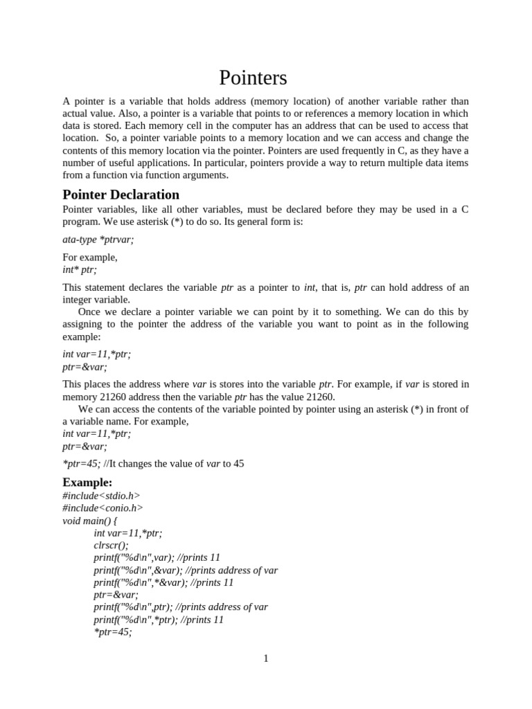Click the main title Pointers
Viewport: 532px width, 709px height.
coord(254,77)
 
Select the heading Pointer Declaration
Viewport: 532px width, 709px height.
coord(121,195)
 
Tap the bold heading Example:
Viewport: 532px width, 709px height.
coord(87,482)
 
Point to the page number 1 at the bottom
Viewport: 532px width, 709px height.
coord(266,658)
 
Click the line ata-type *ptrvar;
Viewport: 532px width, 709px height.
coord(98,239)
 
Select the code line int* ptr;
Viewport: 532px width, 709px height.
coord(80,269)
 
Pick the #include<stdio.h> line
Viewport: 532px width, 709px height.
coord(101,495)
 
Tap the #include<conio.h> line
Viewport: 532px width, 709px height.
coord(103,508)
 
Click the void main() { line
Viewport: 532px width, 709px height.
coord(90,520)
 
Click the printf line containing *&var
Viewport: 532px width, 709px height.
coord(163,582)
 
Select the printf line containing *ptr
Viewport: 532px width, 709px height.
coord(159,620)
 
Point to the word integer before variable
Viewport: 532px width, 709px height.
coord(79,299)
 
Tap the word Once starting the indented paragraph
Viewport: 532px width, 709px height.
coord(91,312)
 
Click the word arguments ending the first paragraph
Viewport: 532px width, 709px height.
coord(205,176)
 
